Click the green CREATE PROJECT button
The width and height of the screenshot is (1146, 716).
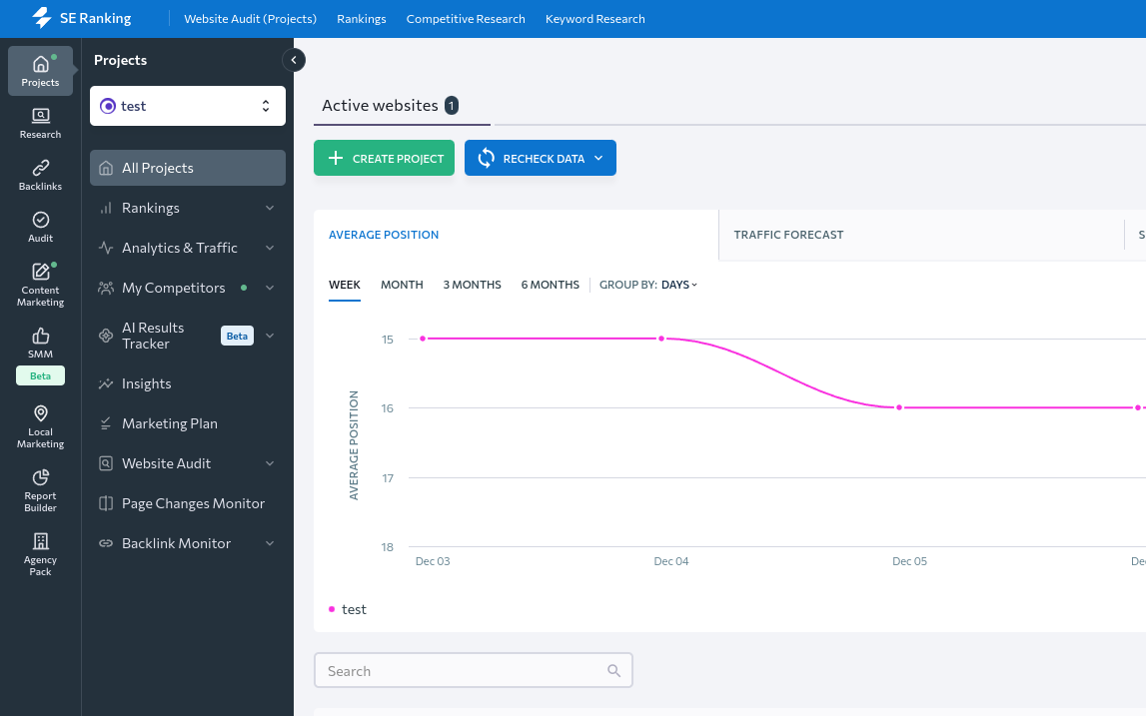coord(384,158)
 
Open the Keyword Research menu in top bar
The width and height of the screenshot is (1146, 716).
coord(594,19)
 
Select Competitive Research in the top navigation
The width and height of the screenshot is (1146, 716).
coord(466,19)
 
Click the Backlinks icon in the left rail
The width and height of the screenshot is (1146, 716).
coord(40,175)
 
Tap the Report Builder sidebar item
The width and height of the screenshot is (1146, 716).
coord(40,489)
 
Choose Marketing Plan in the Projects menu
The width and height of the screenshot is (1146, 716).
coord(169,423)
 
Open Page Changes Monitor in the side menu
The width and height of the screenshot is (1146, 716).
coord(193,503)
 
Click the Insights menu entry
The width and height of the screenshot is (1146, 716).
coord(146,383)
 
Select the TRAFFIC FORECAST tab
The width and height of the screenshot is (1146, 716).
coord(788,235)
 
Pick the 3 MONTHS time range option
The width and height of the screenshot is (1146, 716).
coord(472,285)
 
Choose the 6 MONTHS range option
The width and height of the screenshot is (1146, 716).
coord(550,285)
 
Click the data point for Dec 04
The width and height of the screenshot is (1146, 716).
coord(661,339)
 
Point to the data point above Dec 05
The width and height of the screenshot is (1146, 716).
coord(899,407)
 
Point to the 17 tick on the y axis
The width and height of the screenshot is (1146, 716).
coord(388,478)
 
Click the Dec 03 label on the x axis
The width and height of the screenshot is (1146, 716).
coord(433,561)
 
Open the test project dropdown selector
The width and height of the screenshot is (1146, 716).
coord(188,106)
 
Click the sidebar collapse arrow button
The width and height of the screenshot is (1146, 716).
coord(294,60)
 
